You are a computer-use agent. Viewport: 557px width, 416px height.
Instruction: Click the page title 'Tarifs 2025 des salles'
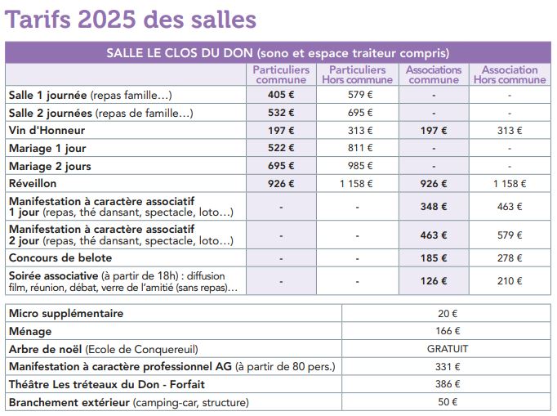tap(131, 19)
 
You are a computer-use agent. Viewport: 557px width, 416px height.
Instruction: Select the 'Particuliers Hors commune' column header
tap(358, 74)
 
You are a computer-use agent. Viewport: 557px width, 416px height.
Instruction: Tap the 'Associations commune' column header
tap(434, 74)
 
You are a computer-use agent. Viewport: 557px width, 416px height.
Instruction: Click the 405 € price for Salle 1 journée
tap(281, 95)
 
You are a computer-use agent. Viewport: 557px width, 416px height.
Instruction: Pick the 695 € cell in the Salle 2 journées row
tap(360, 113)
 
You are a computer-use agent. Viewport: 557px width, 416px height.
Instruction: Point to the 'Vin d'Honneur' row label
tap(47, 131)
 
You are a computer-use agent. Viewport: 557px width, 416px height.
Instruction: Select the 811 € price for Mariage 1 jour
tap(360, 148)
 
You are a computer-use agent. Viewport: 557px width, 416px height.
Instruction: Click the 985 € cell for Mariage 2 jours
tap(360, 166)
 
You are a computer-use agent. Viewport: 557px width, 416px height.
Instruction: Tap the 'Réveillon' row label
tap(33, 183)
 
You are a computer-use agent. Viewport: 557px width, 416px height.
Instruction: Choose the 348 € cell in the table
tap(434, 207)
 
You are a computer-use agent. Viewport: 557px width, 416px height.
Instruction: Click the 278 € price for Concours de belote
tap(510, 257)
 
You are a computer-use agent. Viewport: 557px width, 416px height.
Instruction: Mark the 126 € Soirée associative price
tap(434, 281)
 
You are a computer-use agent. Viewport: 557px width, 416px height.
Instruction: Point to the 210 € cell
tap(510, 281)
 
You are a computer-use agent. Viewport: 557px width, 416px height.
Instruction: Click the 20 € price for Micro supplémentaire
tap(448, 314)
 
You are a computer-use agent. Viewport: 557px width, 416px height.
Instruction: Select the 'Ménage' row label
tap(30, 331)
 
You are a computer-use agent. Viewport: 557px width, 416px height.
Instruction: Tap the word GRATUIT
tap(448, 349)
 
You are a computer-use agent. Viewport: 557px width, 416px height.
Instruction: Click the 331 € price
tap(448, 367)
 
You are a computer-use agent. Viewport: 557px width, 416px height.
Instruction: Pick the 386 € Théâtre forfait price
tap(448, 384)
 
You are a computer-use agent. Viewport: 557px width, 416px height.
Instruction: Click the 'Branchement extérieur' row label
tap(69, 402)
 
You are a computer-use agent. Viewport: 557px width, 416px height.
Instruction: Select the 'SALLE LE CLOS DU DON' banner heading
tap(180, 53)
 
